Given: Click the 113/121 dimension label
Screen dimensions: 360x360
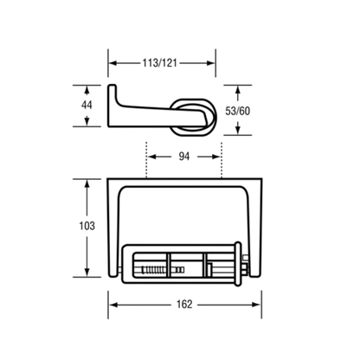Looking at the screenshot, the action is pos(159,63).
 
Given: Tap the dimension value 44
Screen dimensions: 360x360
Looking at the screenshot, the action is pos(87,105).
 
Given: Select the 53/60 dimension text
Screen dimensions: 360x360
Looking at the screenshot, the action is pos(238,111).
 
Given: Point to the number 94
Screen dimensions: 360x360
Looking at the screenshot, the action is pos(184,157).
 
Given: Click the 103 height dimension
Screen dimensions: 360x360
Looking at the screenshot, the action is pos(87,226).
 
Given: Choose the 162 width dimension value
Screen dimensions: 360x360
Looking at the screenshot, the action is pos(184,304).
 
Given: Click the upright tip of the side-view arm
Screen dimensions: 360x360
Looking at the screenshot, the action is pos(112,86).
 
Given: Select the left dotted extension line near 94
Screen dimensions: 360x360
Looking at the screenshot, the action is pos(146,159).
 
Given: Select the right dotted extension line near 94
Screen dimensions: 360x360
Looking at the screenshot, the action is pos(222,159).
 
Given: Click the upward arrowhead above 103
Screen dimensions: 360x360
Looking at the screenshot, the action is pos(87,183).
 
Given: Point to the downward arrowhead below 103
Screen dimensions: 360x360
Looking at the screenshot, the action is pos(87,272).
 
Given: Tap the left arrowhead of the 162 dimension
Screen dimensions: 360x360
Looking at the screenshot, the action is pos(113,305).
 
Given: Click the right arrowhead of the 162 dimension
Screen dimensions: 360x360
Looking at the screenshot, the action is pos(256,305).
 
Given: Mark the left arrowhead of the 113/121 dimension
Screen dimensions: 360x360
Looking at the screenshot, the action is pos(113,63).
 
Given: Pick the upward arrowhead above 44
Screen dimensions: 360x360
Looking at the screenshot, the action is pos(87,90).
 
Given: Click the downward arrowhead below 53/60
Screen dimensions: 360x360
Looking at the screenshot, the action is pos(238,130).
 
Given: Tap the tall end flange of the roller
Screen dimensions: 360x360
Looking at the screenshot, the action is pos(238,264).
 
